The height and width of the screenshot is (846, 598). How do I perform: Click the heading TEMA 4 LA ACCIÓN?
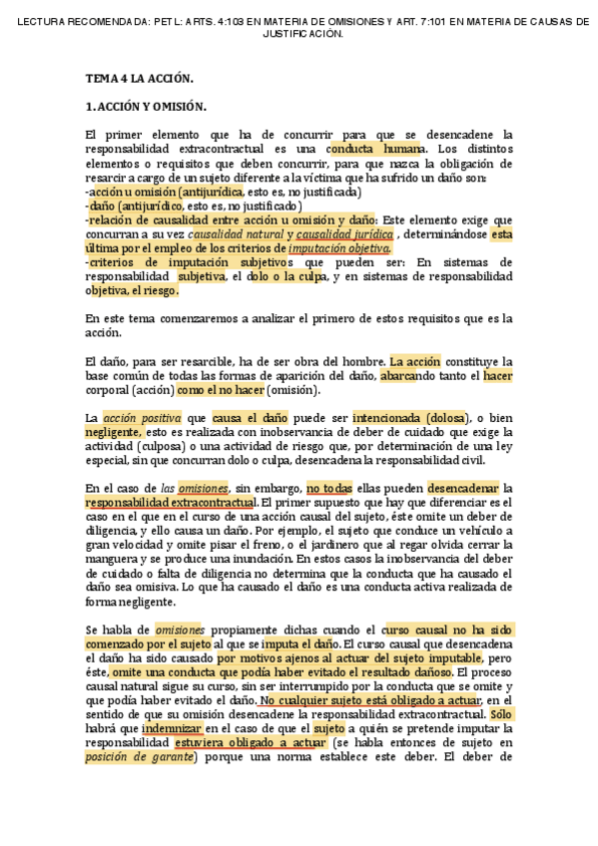point(139,77)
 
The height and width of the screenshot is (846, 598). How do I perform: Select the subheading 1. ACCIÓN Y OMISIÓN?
point(146,106)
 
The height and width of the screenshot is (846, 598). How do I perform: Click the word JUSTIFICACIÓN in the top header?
point(302,33)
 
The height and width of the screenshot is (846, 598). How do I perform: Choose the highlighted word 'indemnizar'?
point(172,728)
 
